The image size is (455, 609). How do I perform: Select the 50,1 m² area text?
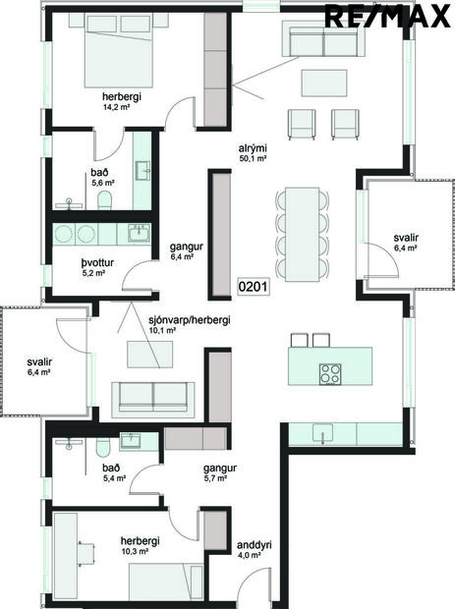pos(253,157)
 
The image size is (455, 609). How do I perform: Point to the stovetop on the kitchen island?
pos(330,372)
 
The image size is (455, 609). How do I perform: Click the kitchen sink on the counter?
pos(322,433)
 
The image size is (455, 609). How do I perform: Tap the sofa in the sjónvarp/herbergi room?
pos(153,396)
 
